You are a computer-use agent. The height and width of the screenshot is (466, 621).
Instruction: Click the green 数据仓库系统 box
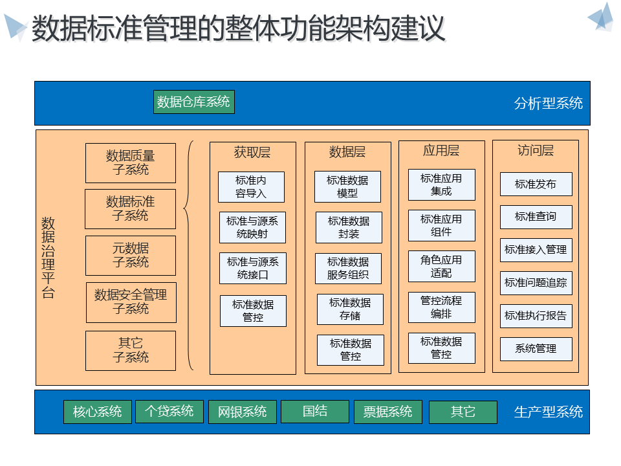(x=193, y=102)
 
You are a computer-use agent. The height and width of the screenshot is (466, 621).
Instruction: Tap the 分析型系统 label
(x=548, y=103)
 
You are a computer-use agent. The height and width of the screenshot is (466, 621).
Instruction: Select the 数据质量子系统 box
(x=131, y=163)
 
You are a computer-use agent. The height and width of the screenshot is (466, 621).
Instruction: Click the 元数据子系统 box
(x=131, y=256)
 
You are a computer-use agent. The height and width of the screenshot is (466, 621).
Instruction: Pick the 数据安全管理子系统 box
(x=131, y=302)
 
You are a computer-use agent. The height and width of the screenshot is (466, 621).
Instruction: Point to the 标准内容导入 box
(x=251, y=186)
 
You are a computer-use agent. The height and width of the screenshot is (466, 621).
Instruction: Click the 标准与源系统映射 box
(x=252, y=227)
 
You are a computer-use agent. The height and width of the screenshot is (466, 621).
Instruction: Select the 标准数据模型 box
(x=347, y=186)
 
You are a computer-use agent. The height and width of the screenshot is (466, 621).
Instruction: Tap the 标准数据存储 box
(x=350, y=309)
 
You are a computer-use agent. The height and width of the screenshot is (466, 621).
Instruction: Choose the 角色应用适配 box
(x=441, y=266)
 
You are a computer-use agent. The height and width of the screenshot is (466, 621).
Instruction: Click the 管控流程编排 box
(x=441, y=307)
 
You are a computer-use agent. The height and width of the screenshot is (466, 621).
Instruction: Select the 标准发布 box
(x=536, y=184)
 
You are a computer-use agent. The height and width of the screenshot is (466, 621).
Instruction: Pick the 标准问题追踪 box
(x=536, y=283)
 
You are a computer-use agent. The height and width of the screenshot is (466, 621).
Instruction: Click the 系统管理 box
(x=536, y=349)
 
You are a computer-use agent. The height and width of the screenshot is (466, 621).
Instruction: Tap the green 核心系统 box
(x=98, y=412)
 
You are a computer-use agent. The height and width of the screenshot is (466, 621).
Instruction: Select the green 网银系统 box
(x=243, y=412)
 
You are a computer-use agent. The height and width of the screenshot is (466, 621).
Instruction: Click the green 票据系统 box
(x=387, y=412)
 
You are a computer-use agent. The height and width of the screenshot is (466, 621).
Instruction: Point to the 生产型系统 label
(x=548, y=412)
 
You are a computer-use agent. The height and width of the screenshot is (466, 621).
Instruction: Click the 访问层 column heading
(x=536, y=151)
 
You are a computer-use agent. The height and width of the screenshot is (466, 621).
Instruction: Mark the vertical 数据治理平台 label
(x=49, y=257)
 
